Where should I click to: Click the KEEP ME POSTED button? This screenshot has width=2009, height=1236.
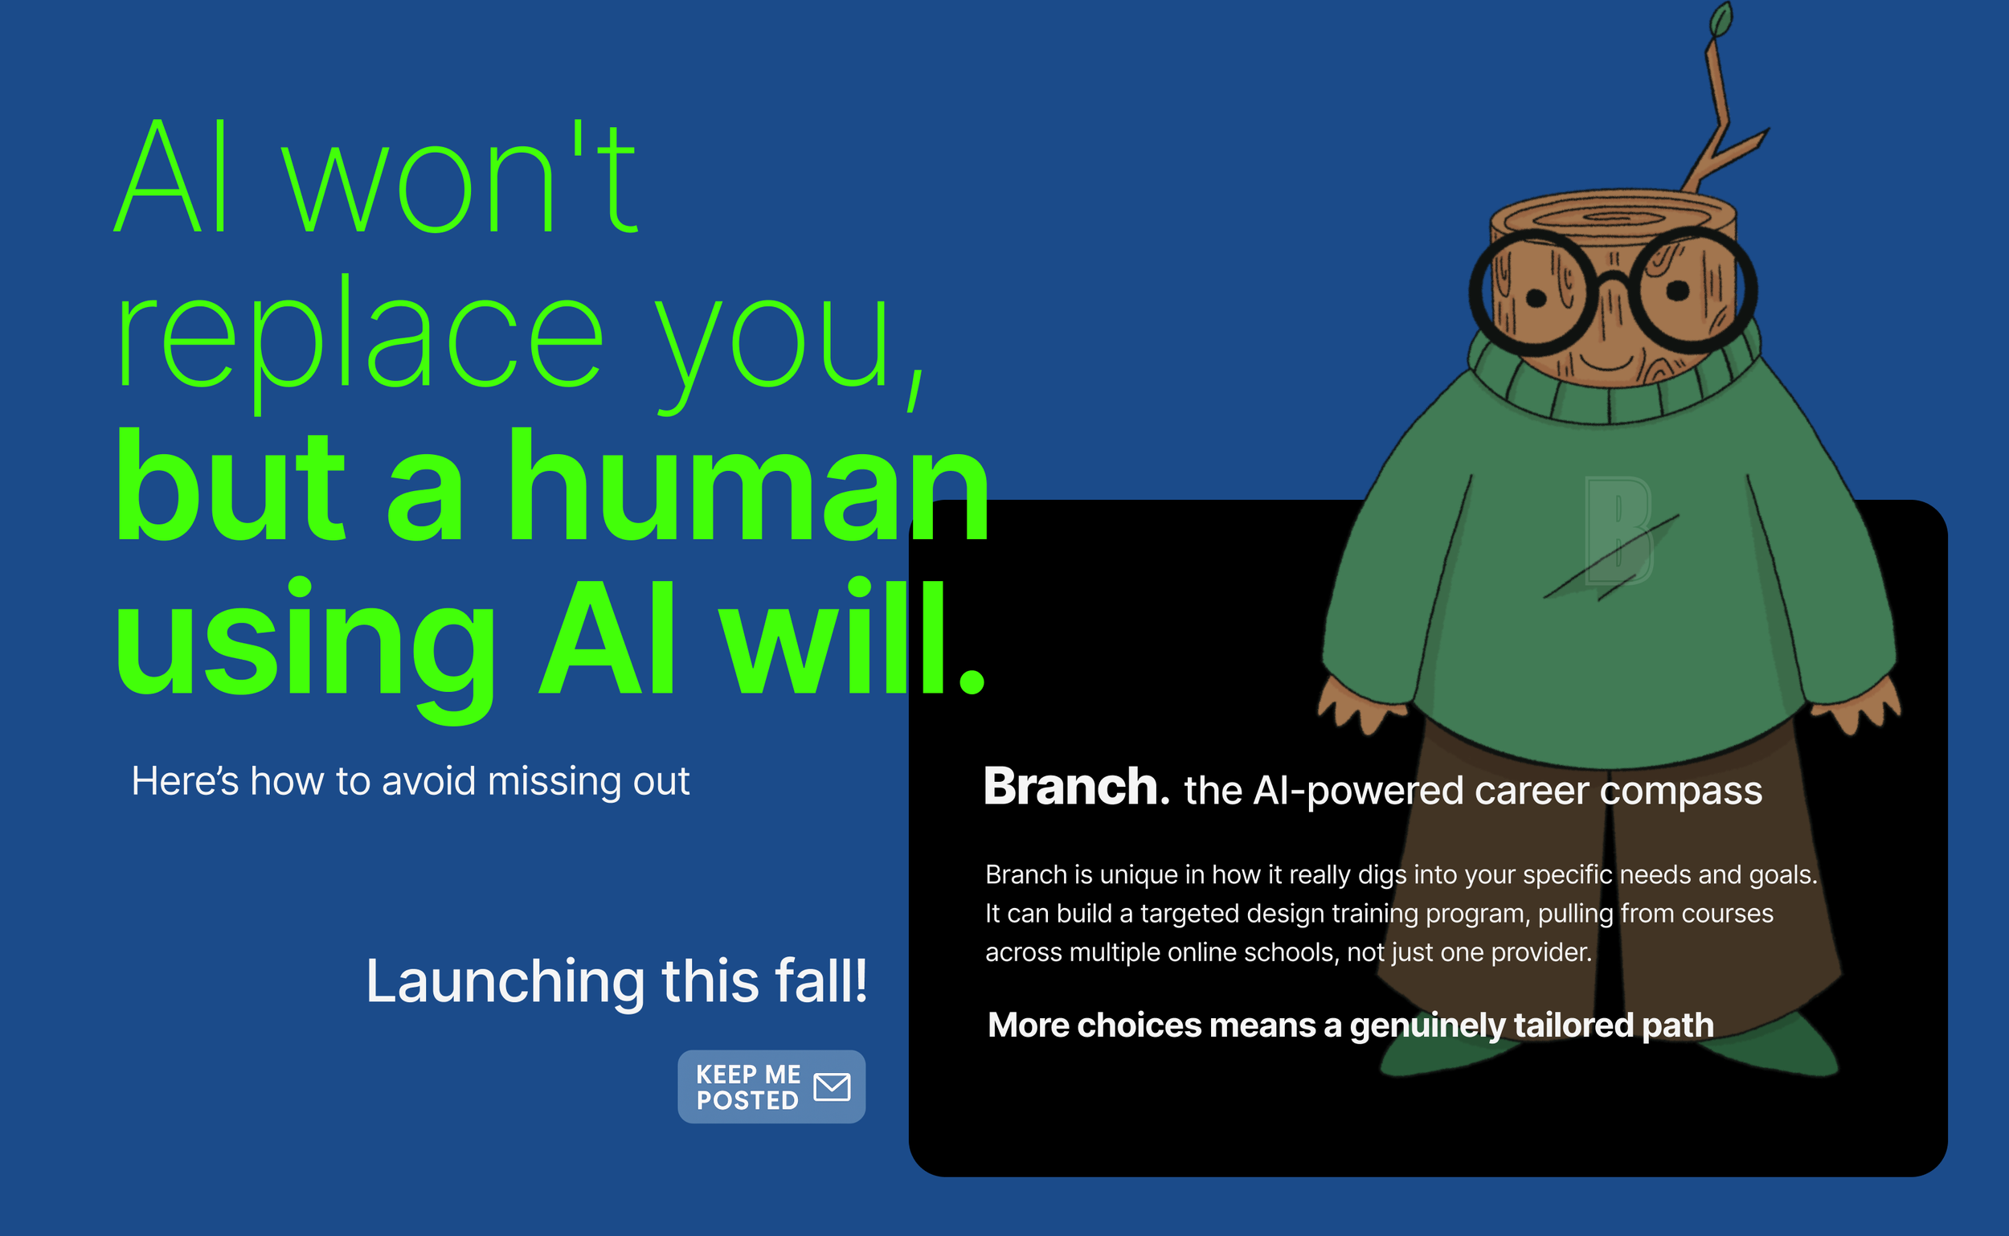[x=771, y=1087]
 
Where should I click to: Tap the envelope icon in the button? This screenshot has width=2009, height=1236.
[x=832, y=1087]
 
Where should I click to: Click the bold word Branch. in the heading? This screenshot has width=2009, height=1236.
[x=1075, y=788]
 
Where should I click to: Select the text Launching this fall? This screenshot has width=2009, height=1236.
[x=616, y=981]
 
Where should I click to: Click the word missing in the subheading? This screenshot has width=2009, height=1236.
[x=539, y=782]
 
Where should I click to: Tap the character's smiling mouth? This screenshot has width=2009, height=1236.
[x=1607, y=360]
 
